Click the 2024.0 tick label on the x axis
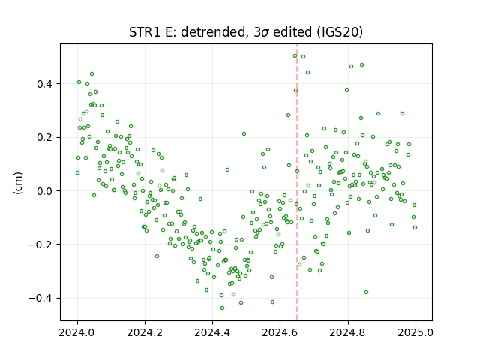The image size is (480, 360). (x=77, y=332)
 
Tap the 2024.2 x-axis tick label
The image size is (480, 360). (x=145, y=332)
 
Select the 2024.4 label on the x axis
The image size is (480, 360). (x=212, y=332)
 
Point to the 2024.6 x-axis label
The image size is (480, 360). (x=280, y=332)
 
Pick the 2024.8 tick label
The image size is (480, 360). (x=348, y=332)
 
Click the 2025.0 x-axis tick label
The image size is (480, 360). (x=415, y=332)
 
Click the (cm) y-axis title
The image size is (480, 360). (x=18, y=183)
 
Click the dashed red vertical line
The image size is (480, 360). (x=297, y=182)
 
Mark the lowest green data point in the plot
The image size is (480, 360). (x=222, y=307)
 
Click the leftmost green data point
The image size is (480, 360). (x=77, y=173)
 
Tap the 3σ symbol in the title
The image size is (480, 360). (x=262, y=32)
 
